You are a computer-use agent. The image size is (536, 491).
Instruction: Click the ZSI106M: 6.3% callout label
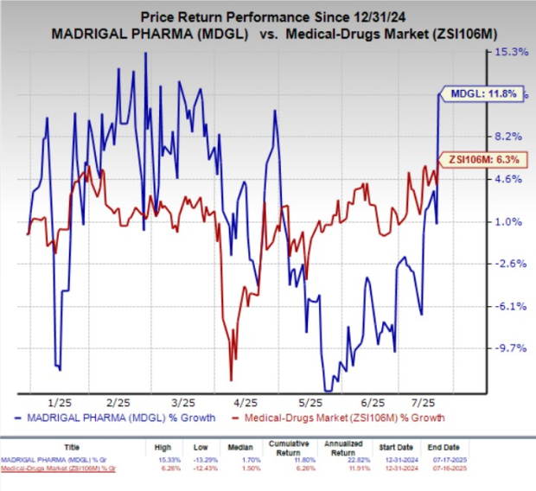(482, 159)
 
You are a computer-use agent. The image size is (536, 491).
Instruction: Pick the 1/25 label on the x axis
(60, 403)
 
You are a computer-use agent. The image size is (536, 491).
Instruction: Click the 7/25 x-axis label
(434, 403)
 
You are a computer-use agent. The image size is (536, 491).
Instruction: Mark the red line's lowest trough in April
(231, 379)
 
